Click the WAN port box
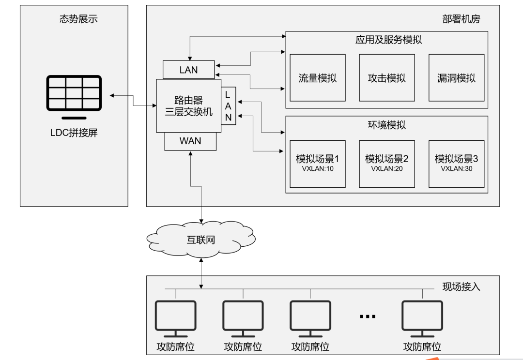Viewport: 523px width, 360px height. tap(190, 141)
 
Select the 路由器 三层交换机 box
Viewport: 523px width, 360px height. tap(189, 105)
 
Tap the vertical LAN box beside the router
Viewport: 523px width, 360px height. tap(229, 105)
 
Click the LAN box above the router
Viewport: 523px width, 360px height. tap(189, 70)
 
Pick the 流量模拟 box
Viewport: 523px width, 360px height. tap(318, 78)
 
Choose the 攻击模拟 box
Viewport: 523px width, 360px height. tap(387, 78)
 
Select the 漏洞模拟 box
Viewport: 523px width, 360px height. tap(456, 78)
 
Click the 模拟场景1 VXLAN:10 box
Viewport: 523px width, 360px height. tap(318, 164)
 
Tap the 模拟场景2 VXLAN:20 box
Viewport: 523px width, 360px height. tap(387, 164)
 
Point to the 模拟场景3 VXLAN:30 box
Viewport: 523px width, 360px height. tap(456, 164)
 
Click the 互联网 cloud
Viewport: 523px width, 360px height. tap(201, 240)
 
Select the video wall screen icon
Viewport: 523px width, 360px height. tap(74, 97)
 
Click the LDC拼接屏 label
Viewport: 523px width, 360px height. tap(74, 133)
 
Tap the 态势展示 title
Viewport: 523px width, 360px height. tap(79, 19)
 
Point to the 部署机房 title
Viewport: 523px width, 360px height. tap(461, 19)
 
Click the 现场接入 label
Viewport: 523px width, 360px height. tap(461, 286)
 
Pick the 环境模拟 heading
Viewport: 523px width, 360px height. tap(387, 125)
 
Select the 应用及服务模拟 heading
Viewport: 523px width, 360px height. tap(388, 40)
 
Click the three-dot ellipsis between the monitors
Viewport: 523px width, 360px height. tap(368, 316)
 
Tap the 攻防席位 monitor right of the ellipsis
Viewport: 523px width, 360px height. tap(422, 319)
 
